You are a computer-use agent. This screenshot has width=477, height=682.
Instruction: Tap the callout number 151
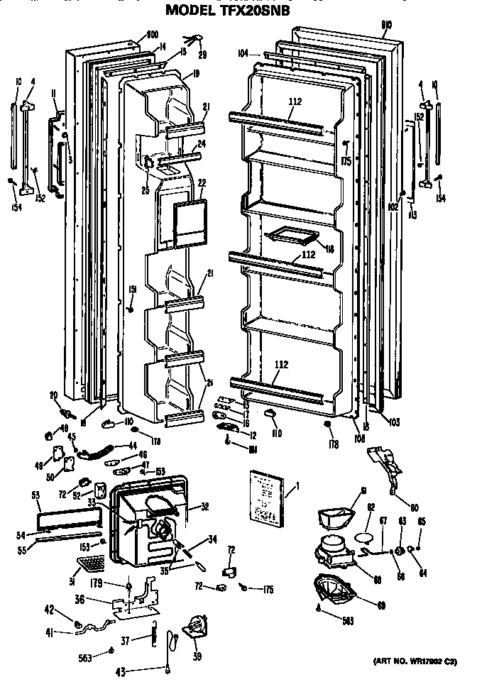tap(132, 288)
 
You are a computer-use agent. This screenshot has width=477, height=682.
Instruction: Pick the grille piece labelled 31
tap(89, 566)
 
